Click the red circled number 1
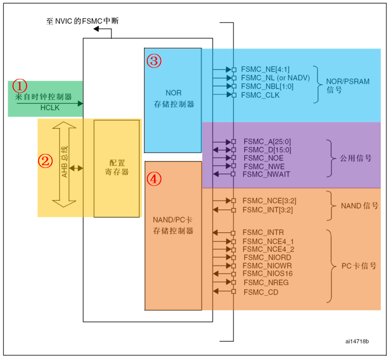[x=20, y=85]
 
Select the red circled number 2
[x=46, y=160]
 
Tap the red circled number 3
[x=154, y=60]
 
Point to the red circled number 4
[x=154, y=178]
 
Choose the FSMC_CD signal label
[x=261, y=292]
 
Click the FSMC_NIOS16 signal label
[x=268, y=274]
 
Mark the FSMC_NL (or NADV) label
[x=275, y=78]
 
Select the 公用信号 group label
[x=356, y=158]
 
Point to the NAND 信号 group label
[x=359, y=206]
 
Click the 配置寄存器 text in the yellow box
[x=117, y=167]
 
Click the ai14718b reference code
[x=357, y=342]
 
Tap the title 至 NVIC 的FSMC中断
[x=82, y=21]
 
